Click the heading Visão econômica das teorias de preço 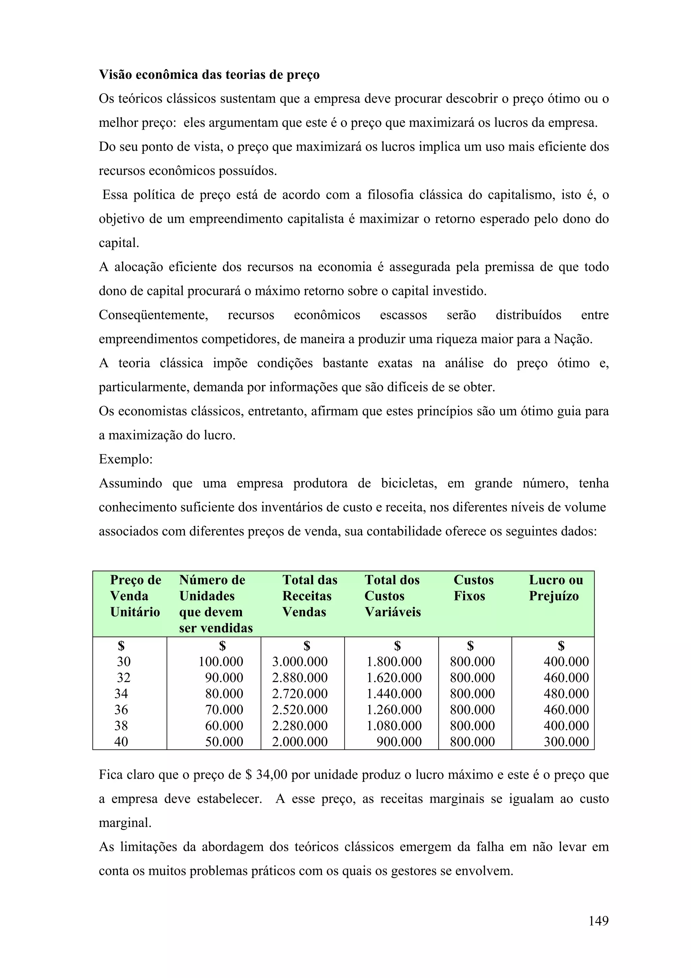pyautogui.click(x=209, y=75)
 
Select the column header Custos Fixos pyautogui.click(x=473, y=588)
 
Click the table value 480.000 pyautogui.click(x=566, y=694)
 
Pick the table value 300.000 pyautogui.click(x=566, y=741)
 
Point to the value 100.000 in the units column pyautogui.click(x=221, y=661)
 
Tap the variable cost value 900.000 pyautogui.click(x=398, y=741)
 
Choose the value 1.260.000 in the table pyautogui.click(x=394, y=710)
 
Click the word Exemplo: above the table pyautogui.click(x=126, y=459)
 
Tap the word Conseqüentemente pyautogui.click(x=153, y=315)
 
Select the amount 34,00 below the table pyautogui.click(x=272, y=775)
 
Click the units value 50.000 pyautogui.click(x=224, y=741)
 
